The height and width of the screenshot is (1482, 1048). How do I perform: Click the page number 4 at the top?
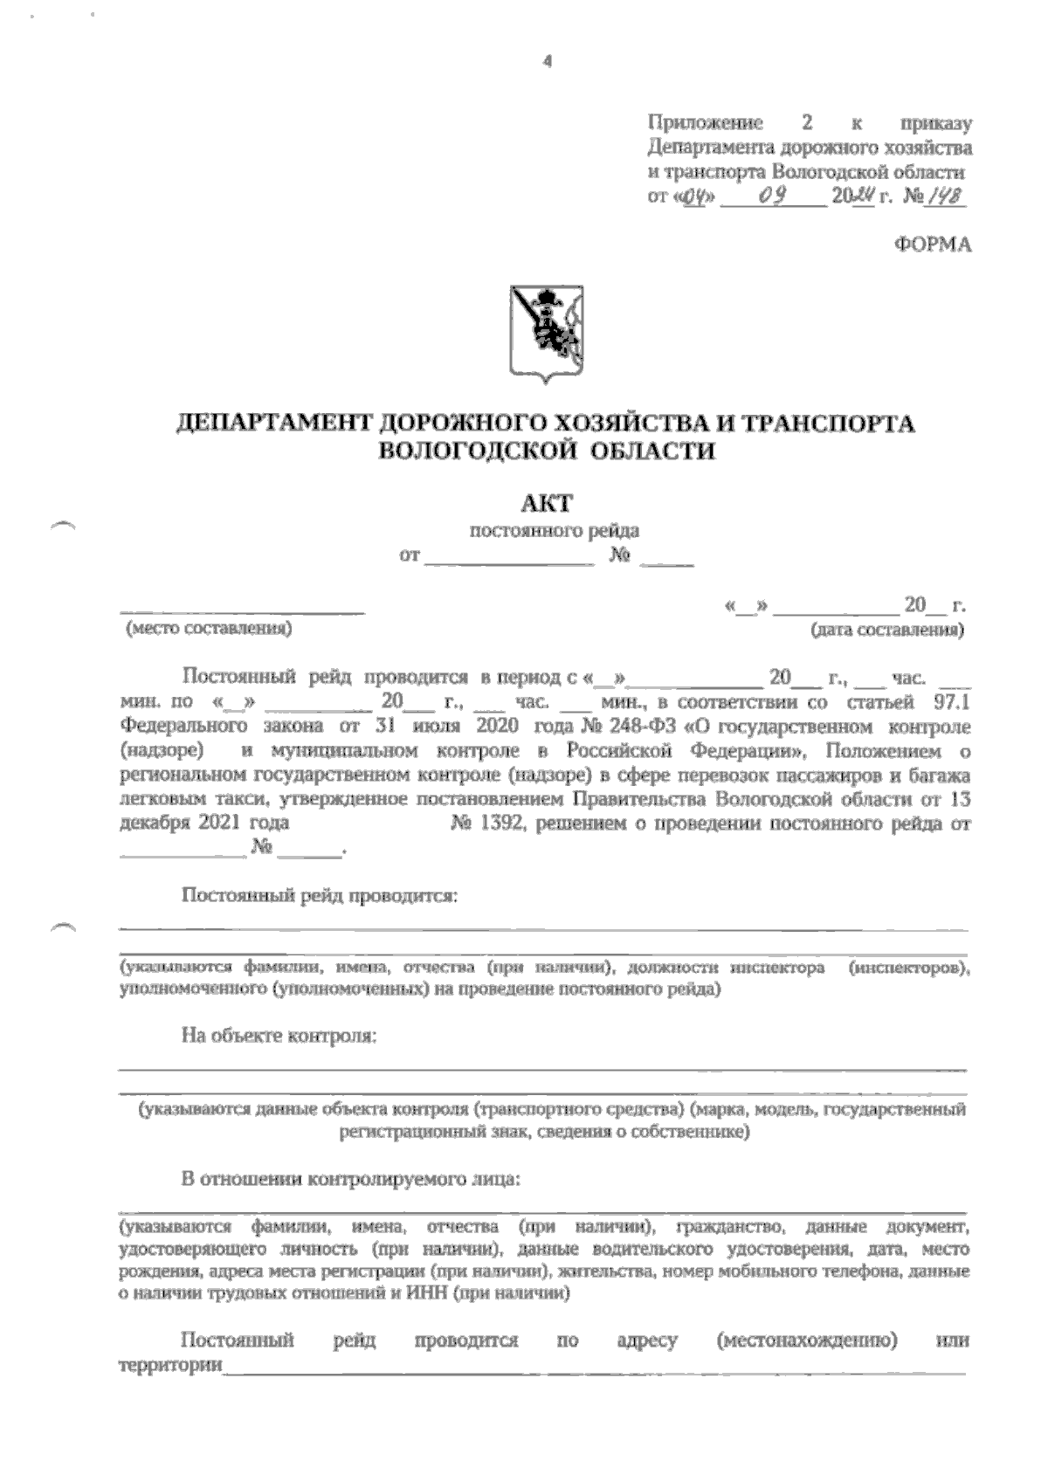(548, 62)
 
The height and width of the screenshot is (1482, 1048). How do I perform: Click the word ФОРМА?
(933, 246)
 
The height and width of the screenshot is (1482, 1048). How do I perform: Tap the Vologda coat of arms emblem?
(547, 334)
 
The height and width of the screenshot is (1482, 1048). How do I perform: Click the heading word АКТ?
(547, 503)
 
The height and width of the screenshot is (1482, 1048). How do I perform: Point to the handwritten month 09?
(774, 196)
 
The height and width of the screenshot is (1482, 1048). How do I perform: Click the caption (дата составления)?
(886, 630)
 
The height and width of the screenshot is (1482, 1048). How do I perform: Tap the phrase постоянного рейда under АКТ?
(555, 530)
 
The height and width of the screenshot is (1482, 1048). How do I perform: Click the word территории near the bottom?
(169, 1365)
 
